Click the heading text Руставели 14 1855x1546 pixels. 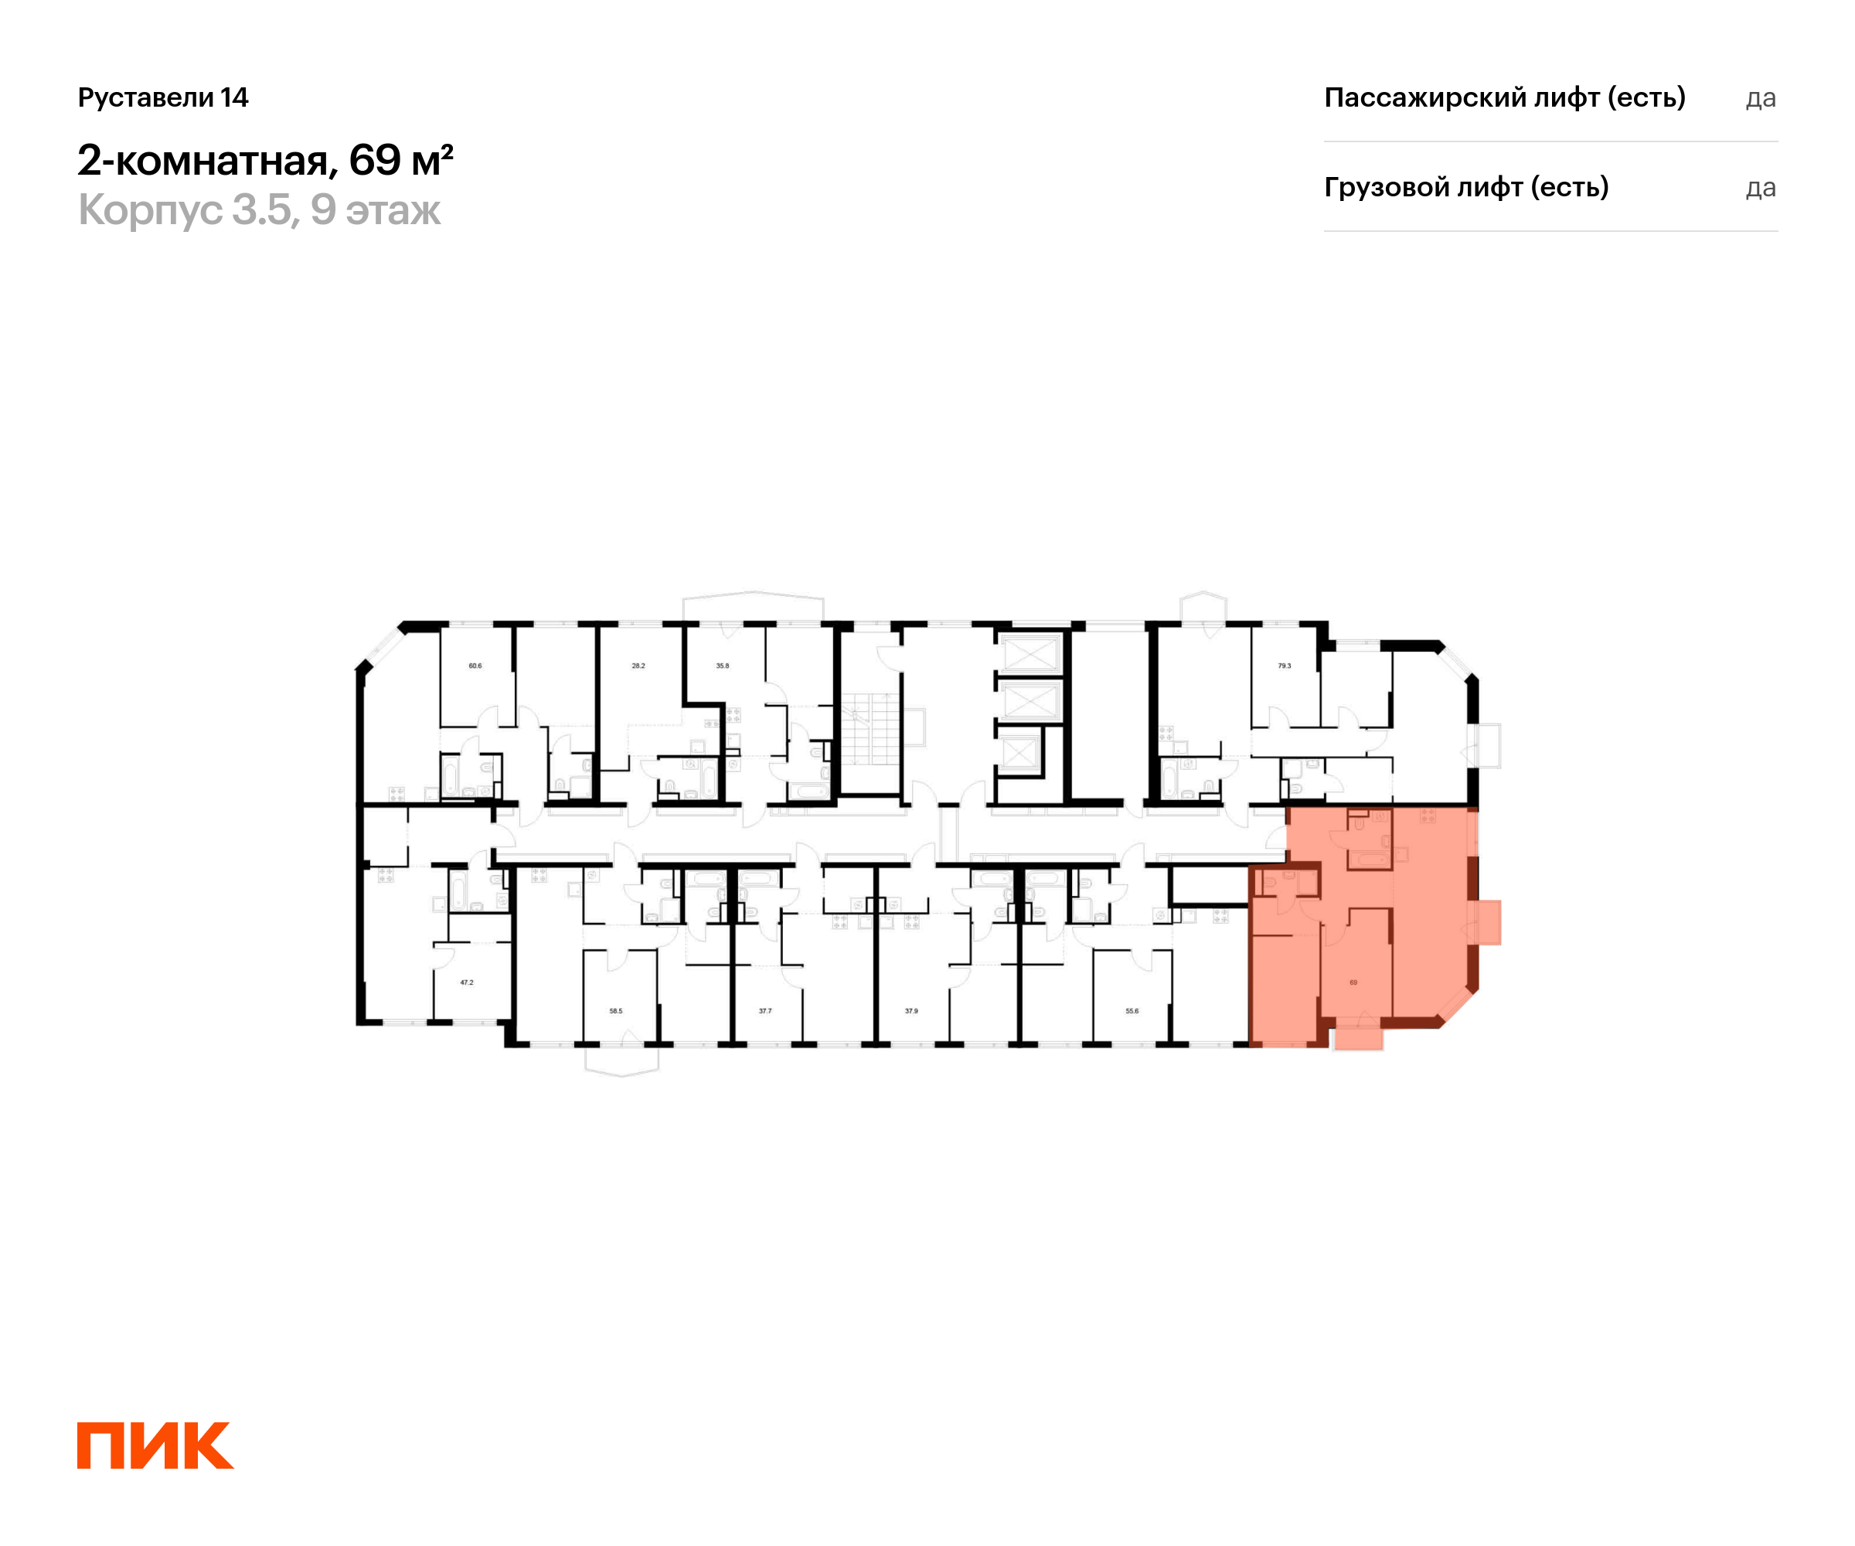click(163, 97)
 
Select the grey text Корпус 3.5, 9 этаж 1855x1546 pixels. click(259, 210)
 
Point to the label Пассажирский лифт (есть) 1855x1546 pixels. click(1504, 97)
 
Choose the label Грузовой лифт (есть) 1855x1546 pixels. click(1465, 187)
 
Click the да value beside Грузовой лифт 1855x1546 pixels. click(1761, 188)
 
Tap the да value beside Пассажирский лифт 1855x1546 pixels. click(1761, 98)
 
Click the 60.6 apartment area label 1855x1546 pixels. click(475, 666)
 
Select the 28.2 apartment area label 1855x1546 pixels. click(638, 666)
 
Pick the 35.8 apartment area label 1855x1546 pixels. click(723, 666)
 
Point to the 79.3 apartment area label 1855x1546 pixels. click(1285, 666)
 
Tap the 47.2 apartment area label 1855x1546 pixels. click(466, 982)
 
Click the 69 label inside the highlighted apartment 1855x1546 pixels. click(1353, 982)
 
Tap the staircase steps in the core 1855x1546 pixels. click(870, 730)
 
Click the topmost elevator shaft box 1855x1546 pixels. click(1028, 655)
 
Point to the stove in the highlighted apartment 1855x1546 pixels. click(1428, 816)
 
